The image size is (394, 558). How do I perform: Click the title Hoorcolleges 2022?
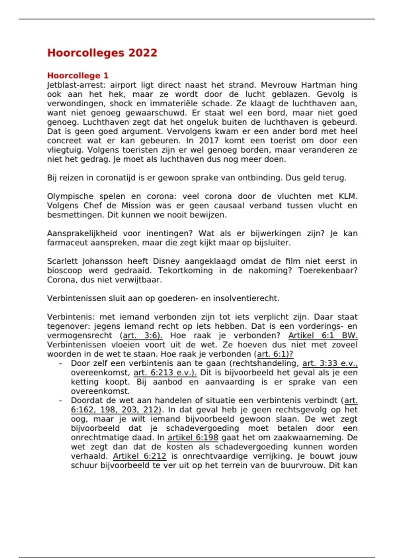pyautogui.click(x=102, y=53)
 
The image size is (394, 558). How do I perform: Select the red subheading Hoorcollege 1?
pyautogui.click(x=78, y=75)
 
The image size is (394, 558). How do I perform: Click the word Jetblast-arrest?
pyautogui.click(x=76, y=85)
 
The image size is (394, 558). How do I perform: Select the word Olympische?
pyautogui.click(x=70, y=196)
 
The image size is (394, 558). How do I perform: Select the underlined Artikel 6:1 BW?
pyautogui.click(x=323, y=336)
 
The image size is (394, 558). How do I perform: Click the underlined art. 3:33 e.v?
pyautogui.click(x=330, y=363)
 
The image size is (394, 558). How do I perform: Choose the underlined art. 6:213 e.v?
pyautogui.click(x=165, y=373)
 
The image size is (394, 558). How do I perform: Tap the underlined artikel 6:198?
pyautogui.click(x=193, y=438)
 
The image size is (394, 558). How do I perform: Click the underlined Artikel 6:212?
pyautogui.click(x=140, y=456)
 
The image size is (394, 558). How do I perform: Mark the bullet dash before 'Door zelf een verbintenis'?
pyautogui.click(x=60, y=364)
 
